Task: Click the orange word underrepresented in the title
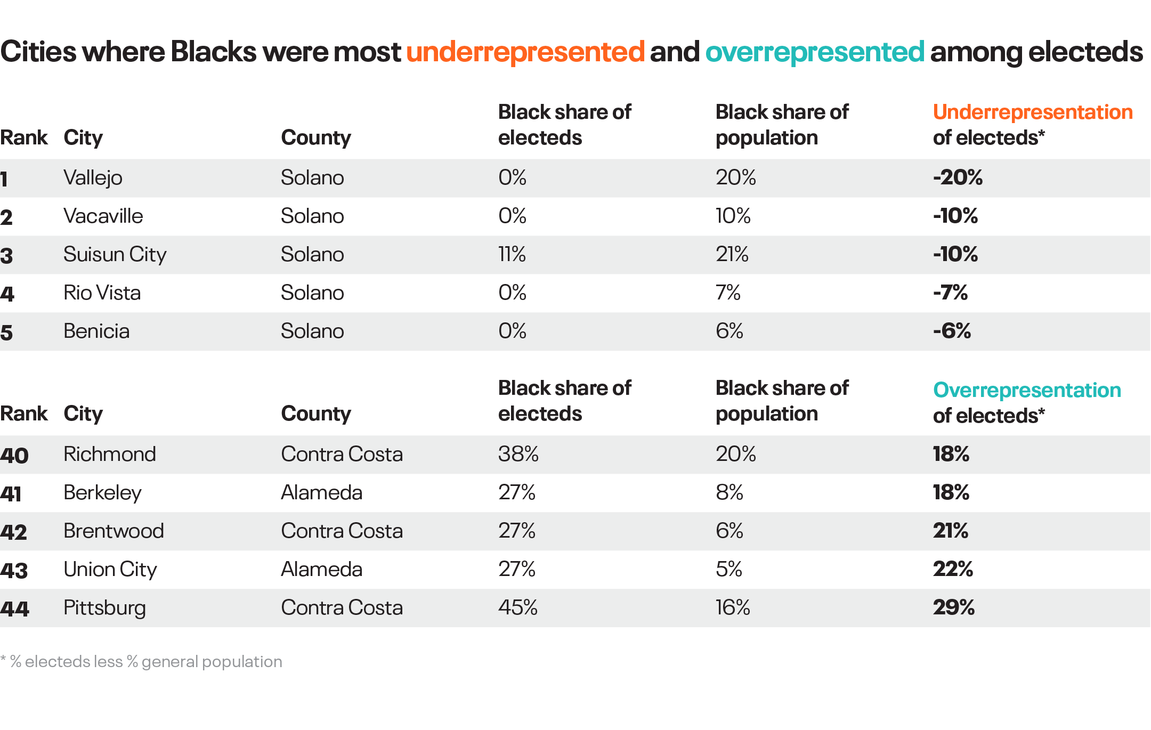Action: [525, 52]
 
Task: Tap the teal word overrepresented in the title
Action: [815, 52]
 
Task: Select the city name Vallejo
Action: [93, 177]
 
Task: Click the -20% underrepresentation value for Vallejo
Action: [958, 177]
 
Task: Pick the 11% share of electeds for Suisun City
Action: [512, 254]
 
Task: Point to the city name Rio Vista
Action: [102, 293]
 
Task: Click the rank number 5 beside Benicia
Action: [6, 332]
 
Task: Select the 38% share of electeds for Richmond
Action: [518, 454]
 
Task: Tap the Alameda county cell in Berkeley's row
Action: [321, 492]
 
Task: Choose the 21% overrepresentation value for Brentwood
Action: [950, 531]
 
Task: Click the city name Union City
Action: [110, 569]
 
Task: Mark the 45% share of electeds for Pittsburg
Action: [517, 607]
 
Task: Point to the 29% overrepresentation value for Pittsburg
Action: [953, 607]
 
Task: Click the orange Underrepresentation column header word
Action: [1032, 112]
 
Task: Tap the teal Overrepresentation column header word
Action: [1027, 390]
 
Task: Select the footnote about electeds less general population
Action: [142, 661]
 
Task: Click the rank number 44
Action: [14, 609]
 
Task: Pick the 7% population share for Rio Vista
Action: [728, 293]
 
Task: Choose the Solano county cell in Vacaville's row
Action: [312, 216]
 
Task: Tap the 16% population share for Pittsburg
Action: [733, 607]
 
